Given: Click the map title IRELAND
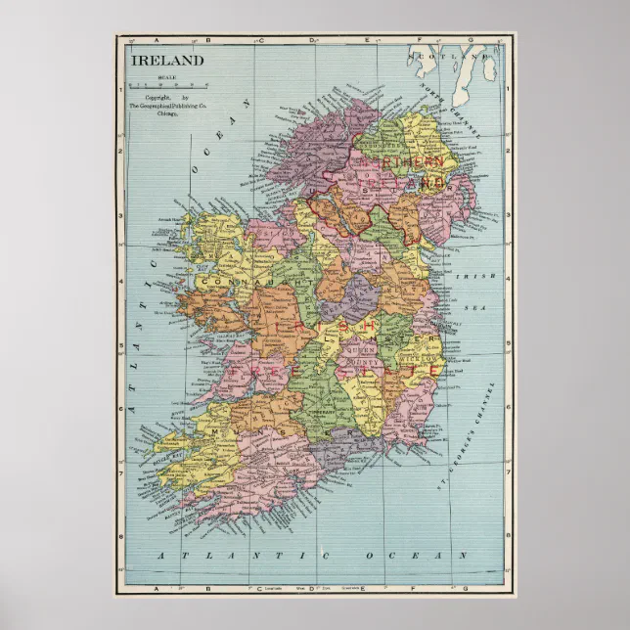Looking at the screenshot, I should [x=168, y=60].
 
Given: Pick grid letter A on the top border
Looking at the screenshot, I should [x=156, y=40].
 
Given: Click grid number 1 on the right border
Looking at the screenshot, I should [x=509, y=87].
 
